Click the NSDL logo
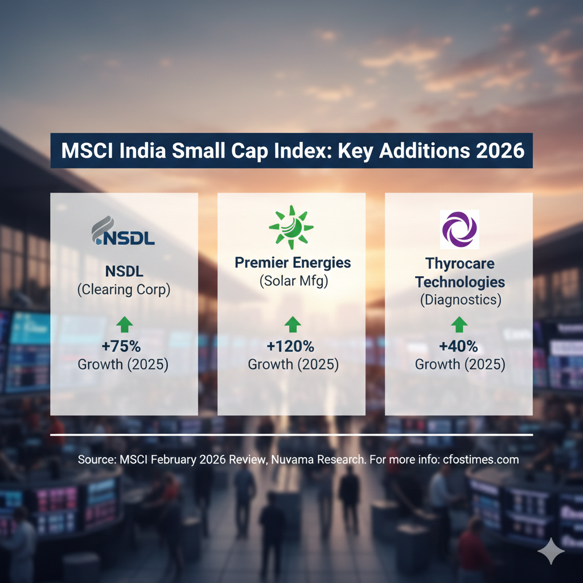(123, 231)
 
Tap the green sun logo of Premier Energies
(291, 227)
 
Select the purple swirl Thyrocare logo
(459, 229)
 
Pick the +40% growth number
(459, 347)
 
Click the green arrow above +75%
(125, 325)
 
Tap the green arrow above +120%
(293, 325)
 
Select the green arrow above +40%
(459, 325)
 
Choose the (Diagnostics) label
(461, 299)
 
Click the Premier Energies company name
(293, 263)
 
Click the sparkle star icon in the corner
(551, 552)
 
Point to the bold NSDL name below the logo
(124, 272)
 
